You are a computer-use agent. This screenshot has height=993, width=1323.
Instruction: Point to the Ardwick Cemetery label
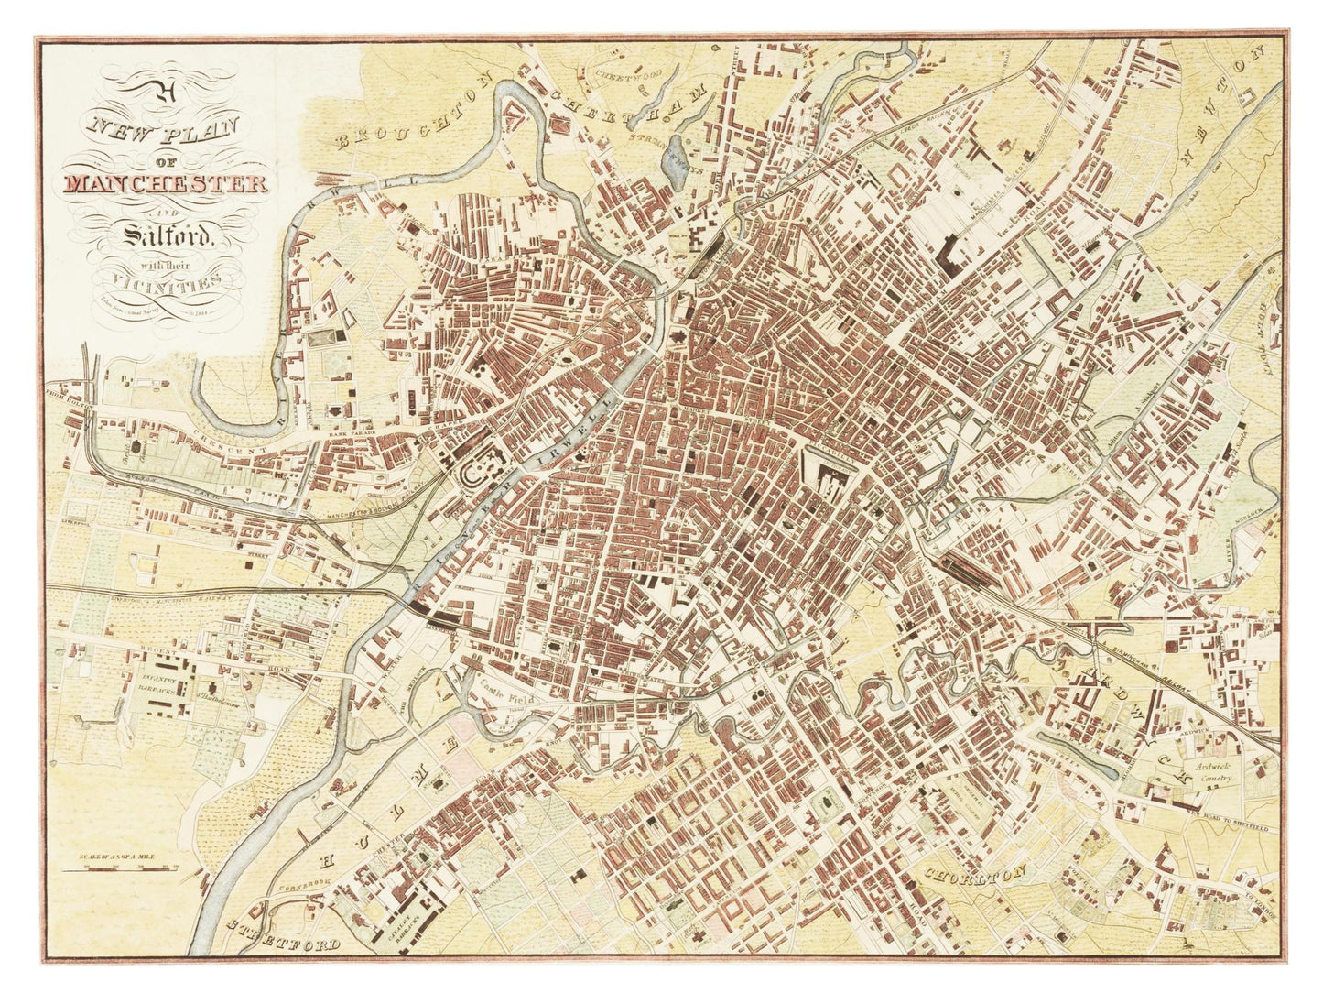coord(1213,770)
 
